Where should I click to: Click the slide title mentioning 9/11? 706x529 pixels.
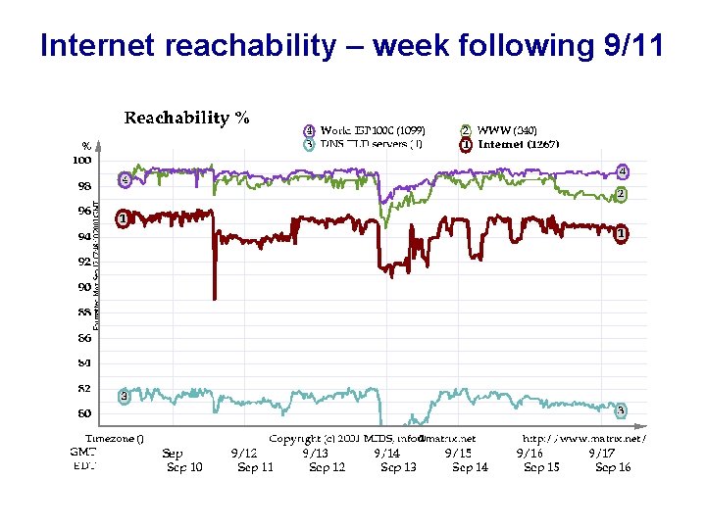click(352, 46)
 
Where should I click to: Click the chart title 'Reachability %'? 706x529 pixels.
click(186, 119)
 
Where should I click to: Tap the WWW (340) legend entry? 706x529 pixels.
click(506, 130)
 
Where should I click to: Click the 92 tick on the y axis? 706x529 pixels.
click(84, 262)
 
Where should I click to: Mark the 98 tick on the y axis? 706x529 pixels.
click(84, 185)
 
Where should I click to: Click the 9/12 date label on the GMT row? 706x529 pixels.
click(244, 454)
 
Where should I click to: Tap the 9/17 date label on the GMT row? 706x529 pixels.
click(601, 454)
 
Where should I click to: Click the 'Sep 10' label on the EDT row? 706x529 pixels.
click(184, 467)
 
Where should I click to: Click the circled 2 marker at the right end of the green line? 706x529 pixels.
click(621, 195)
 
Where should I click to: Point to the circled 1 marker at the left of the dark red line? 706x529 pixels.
click(123, 218)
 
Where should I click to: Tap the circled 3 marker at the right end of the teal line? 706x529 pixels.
click(621, 409)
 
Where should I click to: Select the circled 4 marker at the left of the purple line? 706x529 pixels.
click(125, 179)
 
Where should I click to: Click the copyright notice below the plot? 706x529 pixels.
click(372, 439)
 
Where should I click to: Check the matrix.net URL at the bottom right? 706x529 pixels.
click(583, 439)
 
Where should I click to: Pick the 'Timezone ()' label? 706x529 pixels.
click(114, 439)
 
